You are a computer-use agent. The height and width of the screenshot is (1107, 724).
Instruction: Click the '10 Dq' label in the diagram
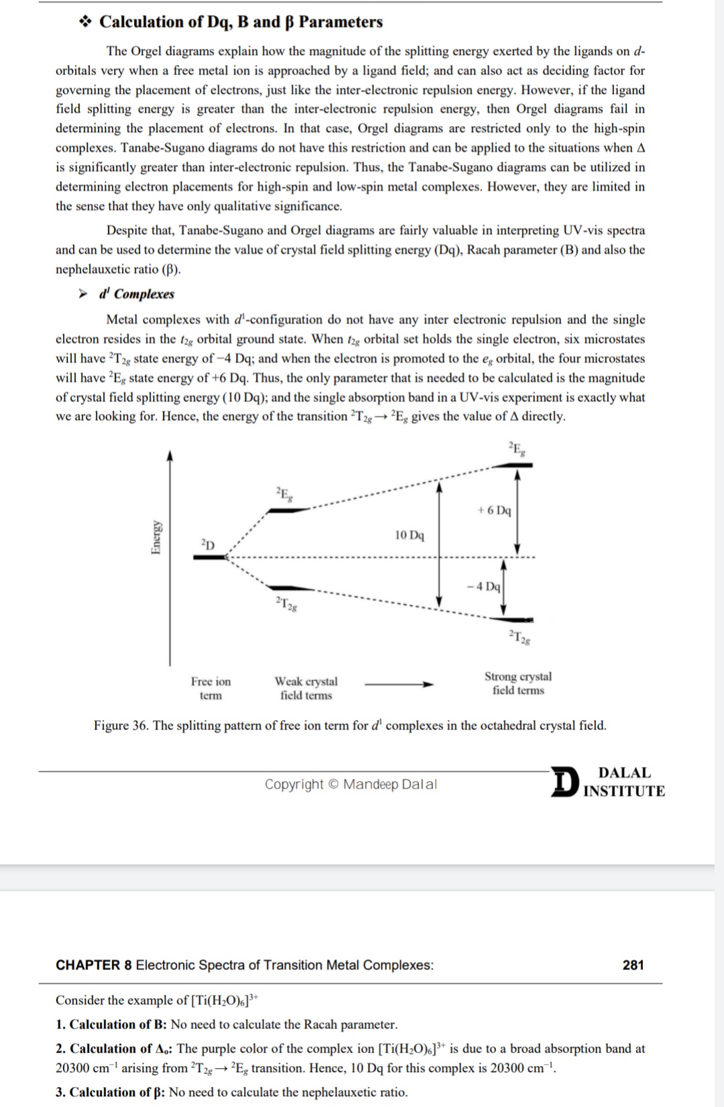(x=409, y=535)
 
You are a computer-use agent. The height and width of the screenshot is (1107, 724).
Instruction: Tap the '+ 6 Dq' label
(x=494, y=510)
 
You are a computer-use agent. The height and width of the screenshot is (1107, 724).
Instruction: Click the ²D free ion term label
(x=208, y=544)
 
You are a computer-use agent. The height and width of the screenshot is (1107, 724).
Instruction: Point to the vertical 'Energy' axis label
(x=156, y=537)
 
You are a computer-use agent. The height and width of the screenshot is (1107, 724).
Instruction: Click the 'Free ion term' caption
(x=210, y=689)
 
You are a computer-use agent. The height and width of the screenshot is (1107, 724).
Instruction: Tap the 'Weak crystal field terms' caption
(x=306, y=689)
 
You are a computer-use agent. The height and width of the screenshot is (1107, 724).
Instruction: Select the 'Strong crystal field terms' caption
(x=518, y=683)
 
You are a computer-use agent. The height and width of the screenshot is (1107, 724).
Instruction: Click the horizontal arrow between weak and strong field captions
(x=399, y=685)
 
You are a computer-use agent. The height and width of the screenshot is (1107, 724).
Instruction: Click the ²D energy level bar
(x=210, y=557)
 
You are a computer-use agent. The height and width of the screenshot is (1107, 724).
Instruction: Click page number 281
(x=633, y=965)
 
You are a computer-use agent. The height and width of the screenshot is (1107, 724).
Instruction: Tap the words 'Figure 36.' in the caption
(x=121, y=725)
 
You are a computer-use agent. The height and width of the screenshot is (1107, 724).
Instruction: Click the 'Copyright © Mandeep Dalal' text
(x=351, y=784)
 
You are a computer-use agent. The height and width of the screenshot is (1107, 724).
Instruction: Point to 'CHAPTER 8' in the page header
(x=93, y=965)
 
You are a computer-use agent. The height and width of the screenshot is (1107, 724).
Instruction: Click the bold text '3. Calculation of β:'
(x=111, y=1092)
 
